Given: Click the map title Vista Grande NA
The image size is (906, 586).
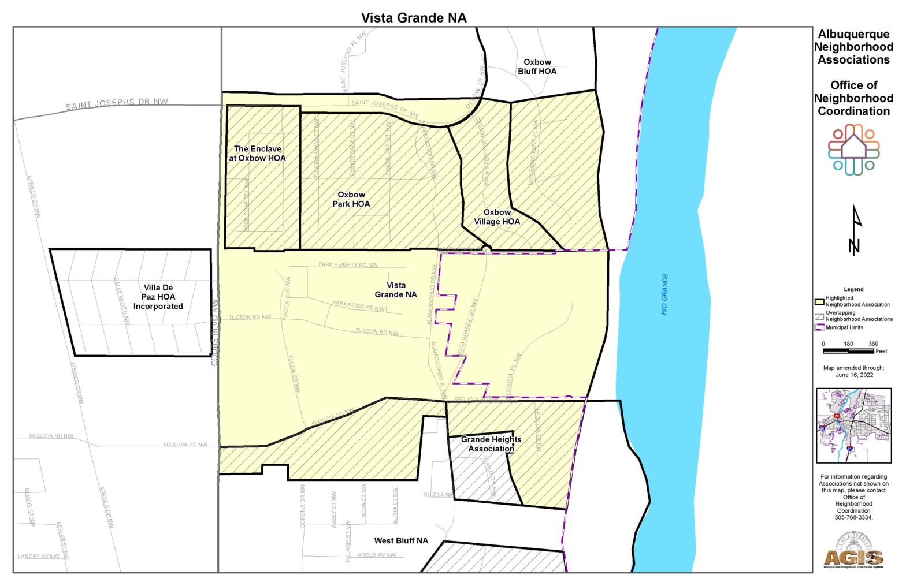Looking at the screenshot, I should tap(414, 17).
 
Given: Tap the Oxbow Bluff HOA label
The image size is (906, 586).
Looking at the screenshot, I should tap(537, 66).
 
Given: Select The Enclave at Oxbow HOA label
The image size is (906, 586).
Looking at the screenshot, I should tap(257, 153).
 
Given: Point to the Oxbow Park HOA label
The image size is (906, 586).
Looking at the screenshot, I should tap(351, 199).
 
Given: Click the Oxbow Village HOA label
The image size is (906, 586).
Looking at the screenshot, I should tap(497, 217).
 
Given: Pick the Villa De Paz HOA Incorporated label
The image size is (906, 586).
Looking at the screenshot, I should tap(158, 297).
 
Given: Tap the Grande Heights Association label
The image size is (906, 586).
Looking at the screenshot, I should tap(491, 444).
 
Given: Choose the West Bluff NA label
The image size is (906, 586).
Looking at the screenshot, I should tap(401, 540).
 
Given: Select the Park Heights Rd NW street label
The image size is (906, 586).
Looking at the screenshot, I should tap(348, 265).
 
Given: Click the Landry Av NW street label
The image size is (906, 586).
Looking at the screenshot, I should tap(39, 557).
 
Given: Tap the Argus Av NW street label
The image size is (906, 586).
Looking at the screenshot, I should tap(377, 555).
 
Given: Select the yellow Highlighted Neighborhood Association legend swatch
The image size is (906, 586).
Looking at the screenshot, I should tap(819, 301).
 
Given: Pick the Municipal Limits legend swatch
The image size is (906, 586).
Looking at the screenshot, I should tap(819, 327).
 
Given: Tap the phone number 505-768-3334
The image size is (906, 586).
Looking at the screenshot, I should tap(853, 517).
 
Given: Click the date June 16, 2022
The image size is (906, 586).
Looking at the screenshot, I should tap(854, 375).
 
